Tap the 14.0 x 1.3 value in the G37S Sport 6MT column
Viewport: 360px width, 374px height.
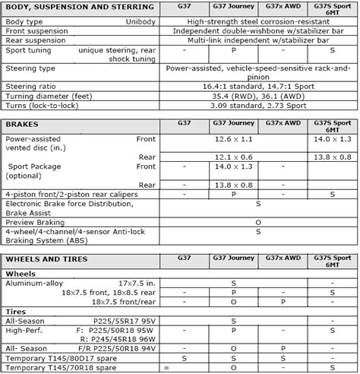[332, 140]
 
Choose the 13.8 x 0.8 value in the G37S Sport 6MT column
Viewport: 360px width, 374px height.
[332, 156]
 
